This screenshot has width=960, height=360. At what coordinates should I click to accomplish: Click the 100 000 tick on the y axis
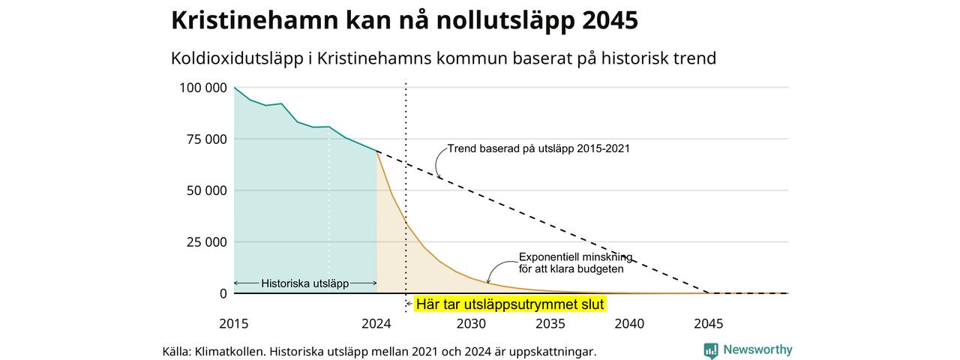tap(203, 88)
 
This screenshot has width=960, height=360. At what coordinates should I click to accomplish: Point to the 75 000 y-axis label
tap(206, 139)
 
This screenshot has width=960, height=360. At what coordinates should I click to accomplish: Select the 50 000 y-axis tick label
tap(206, 190)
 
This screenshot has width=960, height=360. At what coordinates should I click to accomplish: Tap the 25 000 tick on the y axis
tap(206, 242)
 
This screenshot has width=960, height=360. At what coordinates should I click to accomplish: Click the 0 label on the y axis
tap(223, 293)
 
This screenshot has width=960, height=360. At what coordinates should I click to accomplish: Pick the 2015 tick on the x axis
tap(233, 323)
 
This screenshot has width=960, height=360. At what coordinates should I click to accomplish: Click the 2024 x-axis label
tap(376, 323)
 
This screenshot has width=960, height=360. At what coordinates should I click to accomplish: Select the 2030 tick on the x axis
tap(471, 323)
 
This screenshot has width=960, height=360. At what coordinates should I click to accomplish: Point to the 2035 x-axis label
tap(550, 323)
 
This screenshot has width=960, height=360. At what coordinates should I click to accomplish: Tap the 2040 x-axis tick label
tap(629, 323)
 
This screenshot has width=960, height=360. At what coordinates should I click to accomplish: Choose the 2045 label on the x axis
tap(709, 323)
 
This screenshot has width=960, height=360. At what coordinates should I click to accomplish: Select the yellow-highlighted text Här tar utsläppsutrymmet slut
tap(510, 304)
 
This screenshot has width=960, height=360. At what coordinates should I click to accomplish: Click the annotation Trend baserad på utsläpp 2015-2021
tap(538, 148)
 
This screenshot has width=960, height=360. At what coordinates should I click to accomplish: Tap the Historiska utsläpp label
tap(304, 283)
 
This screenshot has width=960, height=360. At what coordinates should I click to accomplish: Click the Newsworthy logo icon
tap(711, 350)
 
